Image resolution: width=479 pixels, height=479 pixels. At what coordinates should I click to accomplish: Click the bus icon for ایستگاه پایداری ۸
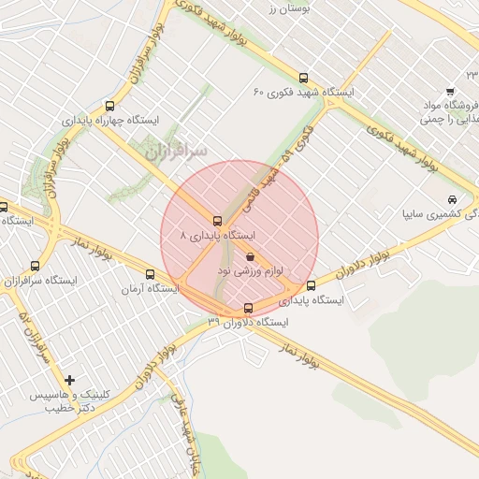(217, 222)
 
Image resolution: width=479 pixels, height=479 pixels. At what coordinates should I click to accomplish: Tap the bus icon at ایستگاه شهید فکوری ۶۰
(302, 79)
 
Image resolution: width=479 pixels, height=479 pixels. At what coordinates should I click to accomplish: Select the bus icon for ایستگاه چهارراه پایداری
(110, 106)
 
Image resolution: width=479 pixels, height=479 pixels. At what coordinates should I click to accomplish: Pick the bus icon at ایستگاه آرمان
(151, 274)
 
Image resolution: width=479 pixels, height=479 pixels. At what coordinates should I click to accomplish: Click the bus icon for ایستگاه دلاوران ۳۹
(248, 309)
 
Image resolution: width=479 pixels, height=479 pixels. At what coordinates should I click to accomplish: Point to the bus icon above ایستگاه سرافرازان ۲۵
(36, 266)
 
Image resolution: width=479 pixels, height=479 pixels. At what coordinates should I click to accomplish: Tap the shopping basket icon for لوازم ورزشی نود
(250, 255)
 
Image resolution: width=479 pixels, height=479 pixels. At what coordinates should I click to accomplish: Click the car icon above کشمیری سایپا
(452, 199)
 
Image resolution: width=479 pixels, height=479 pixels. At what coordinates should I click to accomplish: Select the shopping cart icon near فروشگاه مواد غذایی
(450, 92)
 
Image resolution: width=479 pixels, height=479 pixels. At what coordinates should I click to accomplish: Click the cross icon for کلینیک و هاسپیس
(69, 380)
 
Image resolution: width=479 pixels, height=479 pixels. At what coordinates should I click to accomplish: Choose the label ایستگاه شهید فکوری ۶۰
(305, 94)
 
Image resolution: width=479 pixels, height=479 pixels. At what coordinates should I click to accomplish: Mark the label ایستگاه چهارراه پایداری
(111, 121)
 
